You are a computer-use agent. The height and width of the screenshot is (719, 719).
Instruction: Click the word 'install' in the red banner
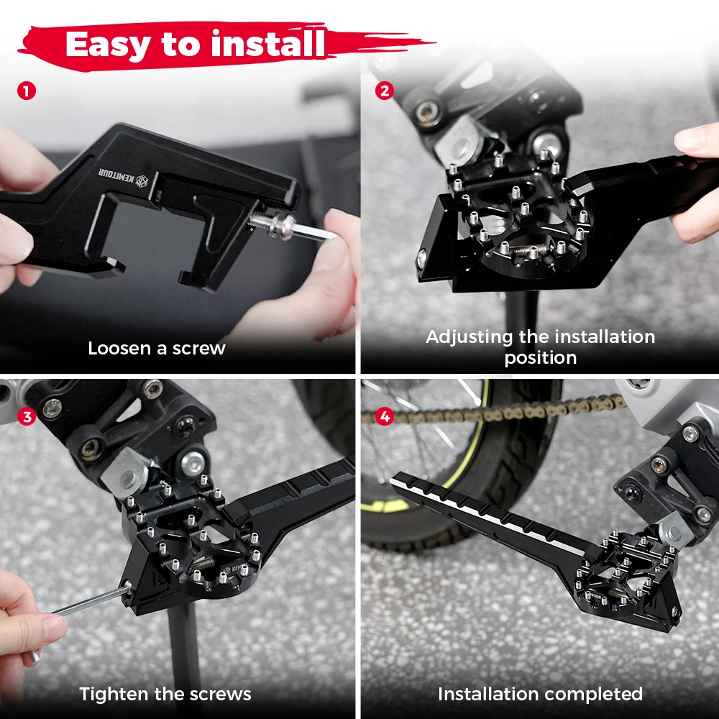click(267, 45)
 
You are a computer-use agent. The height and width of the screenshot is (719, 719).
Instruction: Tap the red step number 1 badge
click(26, 91)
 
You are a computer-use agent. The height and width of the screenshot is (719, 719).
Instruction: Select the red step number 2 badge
click(385, 91)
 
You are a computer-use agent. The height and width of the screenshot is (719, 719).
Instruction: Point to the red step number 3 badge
click(26, 416)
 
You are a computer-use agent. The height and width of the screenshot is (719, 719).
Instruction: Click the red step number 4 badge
click(385, 416)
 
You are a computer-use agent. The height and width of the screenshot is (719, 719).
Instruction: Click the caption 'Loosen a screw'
click(157, 349)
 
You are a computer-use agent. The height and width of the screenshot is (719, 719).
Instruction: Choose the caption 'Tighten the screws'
click(165, 694)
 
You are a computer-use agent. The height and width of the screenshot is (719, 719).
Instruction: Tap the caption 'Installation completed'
click(540, 694)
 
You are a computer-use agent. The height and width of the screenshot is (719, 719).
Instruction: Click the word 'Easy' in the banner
click(108, 45)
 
